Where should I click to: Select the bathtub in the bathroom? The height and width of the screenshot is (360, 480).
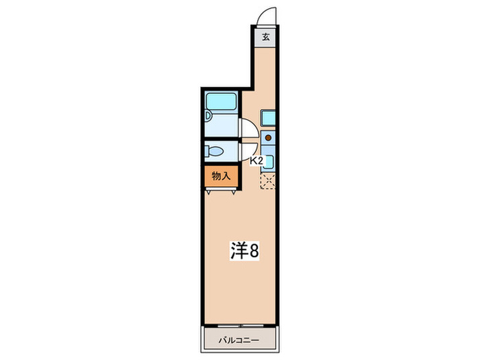pyautogui.click(x=221, y=104)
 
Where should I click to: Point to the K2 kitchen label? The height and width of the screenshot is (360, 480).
pyautogui.click(x=256, y=161)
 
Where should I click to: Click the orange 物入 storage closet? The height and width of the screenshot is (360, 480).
pyautogui.click(x=219, y=177)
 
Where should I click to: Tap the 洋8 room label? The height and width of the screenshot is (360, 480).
pyautogui.click(x=243, y=251)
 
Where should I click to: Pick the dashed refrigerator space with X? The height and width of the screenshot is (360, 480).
pyautogui.click(x=268, y=181)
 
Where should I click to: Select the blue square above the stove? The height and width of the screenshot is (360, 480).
pyautogui.click(x=267, y=118)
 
